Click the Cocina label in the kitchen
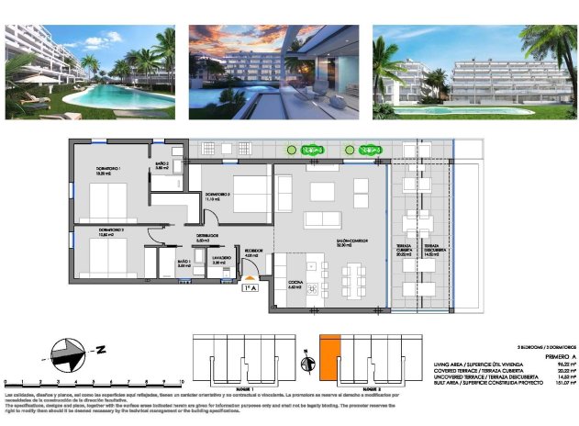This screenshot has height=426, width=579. [295, 285]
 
